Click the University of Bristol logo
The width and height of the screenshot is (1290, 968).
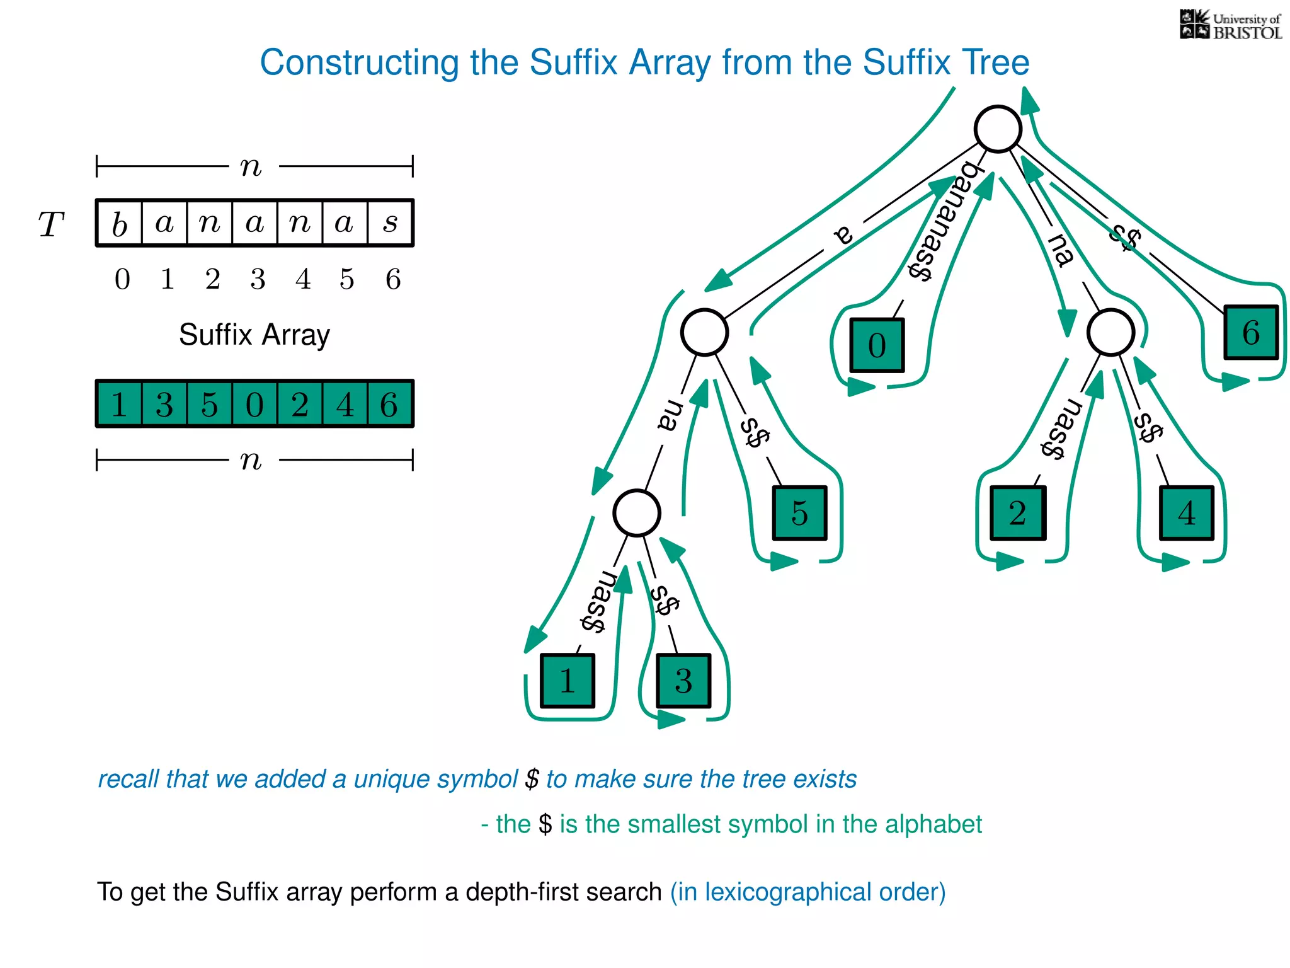pyautogui.click(x=1230, y=25)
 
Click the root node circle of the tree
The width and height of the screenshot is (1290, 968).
pyautogui.click(x=997, y=129)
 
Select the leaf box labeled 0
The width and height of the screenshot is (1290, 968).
pyautogui.click(x=877, y=345)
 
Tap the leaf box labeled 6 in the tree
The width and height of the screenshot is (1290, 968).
pyautogui.click(x=1250, y=332)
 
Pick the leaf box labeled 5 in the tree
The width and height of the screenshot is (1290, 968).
pyautogui.click(x=799, y=513)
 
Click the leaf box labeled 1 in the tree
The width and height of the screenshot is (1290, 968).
pyautogui.click(x=567, y=681)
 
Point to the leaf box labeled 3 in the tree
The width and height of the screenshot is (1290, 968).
pyautogui.click(x=683, y=681)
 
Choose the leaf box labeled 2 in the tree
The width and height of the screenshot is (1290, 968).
pyautogui.click(x=1017, y=513)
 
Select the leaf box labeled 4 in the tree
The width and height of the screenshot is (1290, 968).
pyautogui.click(x=1186, y=513)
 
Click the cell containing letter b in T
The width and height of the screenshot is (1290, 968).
pyautogui.click(x=120, y=223)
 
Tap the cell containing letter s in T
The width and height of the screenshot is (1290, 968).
pyautogui.click(x=391, y=223)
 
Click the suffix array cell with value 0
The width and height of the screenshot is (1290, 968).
pyautogui.click(x=254, y=404)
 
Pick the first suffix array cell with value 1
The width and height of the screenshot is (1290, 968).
pyautogui.click(x=119, y=404)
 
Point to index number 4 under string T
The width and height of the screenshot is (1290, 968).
pyautogui.click(x=303, y=279)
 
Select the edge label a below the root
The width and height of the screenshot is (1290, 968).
pyautogui.click(x=843, y=234)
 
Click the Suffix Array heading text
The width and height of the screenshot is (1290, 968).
pyautogui.click(x=254, y=335)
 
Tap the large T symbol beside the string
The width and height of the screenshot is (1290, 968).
pyautogui.click(x=51, y=224)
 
